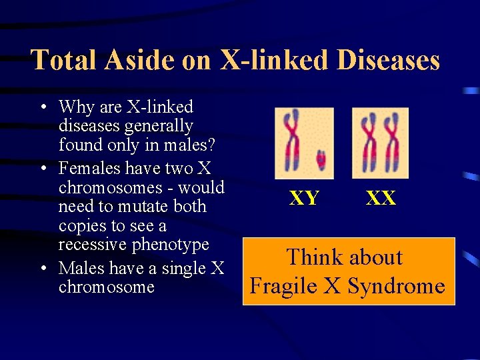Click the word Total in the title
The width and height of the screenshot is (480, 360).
pyautogui.click(x=65, y=60)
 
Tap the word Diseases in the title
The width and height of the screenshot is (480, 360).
pyautogui.click(x=388, y=60)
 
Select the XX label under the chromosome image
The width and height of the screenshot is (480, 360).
pyautogui.click(x=381, y=198)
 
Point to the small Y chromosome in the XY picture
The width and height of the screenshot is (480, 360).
pyautogui.click(x=321, y=159)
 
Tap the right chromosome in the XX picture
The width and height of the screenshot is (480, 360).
pyautogui.click(x=391, y=142)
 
